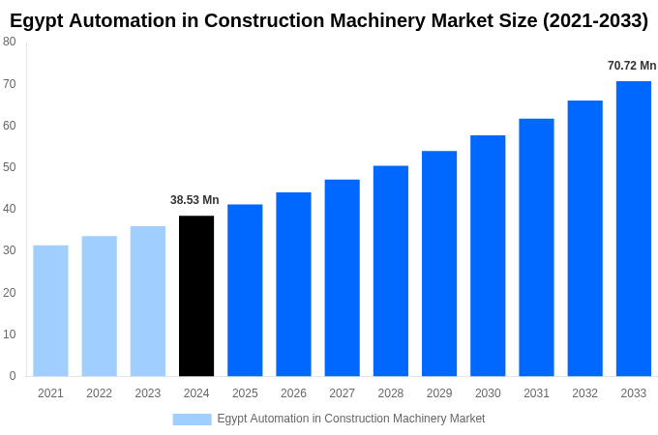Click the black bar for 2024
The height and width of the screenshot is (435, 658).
(196, 296)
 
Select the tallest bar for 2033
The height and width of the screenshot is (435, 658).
(634, 228)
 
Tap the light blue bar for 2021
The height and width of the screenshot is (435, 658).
(50, 310)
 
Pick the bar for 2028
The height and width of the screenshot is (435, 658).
(391, 271)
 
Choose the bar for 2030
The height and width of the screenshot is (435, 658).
(488, 255)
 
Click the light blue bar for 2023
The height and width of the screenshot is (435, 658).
(148, 301)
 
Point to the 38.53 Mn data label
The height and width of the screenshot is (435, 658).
(194, 200)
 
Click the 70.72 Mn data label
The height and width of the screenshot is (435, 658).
(632, 66)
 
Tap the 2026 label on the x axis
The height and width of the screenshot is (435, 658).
(293, 393)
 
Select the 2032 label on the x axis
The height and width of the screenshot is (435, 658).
(584, 393)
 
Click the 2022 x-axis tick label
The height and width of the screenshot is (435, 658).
(99, 393)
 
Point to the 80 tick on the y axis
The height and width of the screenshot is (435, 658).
(10, 42)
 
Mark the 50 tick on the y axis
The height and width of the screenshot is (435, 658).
(10, 167)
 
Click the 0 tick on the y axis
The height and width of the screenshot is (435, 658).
(13, 376)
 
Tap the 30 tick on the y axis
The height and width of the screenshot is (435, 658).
(10, 250)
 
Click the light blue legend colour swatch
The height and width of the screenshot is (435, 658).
(192, 419)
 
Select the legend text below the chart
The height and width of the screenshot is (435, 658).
(350, 419)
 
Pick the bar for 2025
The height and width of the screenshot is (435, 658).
(245, 290)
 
